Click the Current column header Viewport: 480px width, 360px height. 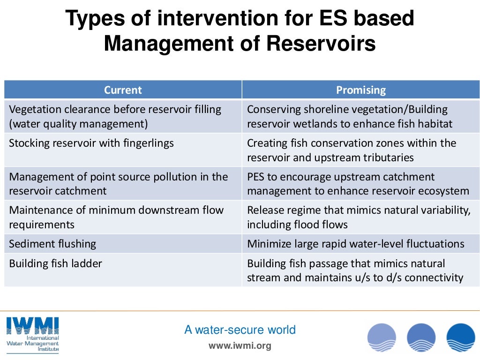123,90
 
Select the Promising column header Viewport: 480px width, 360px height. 361,90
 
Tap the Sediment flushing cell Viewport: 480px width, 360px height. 52,244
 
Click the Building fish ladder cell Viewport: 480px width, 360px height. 55,263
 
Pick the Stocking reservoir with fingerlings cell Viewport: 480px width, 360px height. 91,143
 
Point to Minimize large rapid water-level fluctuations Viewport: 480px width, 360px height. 355,244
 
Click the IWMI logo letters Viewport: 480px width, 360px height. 32,325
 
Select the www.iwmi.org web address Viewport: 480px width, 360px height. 240,346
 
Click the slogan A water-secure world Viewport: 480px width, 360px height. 240,330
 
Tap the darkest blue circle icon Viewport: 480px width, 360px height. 460,337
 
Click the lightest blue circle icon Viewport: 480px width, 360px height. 382,337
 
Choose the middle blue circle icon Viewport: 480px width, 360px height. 421,337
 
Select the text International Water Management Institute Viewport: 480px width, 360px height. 33,344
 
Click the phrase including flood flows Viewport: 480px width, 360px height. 297,225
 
